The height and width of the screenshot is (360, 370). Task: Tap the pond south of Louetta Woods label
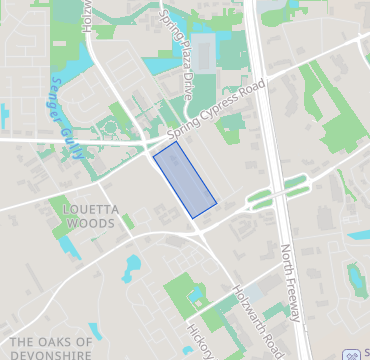click(133, 265)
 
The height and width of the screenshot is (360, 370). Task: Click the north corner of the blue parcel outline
click(176, 142)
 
